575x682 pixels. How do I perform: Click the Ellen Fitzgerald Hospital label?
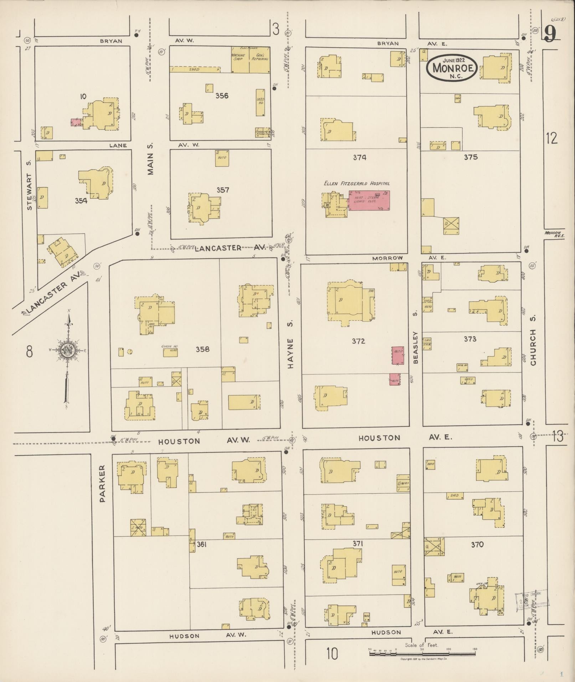point(356,184)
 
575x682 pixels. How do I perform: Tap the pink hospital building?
point(369,200)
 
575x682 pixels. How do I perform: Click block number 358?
point(202,349)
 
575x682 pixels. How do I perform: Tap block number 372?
point(358,341)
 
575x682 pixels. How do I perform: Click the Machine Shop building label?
point(238,57)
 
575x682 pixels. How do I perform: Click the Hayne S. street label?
point(291,353)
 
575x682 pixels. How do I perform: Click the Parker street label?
point(103,484)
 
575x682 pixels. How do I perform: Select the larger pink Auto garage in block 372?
point(398,355)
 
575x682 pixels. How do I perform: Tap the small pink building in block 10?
point(76,122)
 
